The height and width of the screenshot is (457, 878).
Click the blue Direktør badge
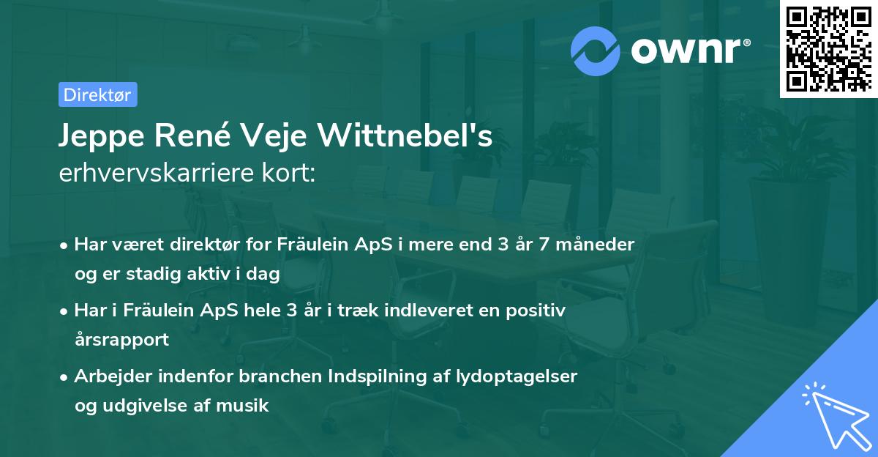[97, 94]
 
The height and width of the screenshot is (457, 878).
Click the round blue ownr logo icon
[596, 51]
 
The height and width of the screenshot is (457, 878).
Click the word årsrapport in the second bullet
[121, 339]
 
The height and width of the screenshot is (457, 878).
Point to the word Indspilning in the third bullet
[377, 376]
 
